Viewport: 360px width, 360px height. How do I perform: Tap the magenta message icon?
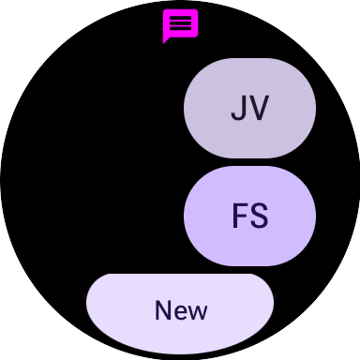pyautogui.click(x=180, y=24)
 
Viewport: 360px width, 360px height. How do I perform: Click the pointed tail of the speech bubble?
pyautogui.click(x=166, y=40)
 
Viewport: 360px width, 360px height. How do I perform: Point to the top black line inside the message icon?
pyautogui.click(x=181, y=18)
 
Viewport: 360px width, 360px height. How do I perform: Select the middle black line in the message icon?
pyautogui.click(x=181, y=23)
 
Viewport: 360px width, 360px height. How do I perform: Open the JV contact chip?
pyautogui.click(x=249, y=108)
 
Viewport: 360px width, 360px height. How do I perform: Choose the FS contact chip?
pyautogui.click(x=249, y=216)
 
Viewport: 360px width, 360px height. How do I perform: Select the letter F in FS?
pyautogui.click(x=239, y=217)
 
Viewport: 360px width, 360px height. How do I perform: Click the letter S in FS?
pyautogui.click(x=259, y=217)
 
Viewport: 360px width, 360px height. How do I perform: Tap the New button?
pyautogui.click(x=180, y=310)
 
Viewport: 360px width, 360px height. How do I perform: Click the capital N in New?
pyautogui.click(x=164, y=310)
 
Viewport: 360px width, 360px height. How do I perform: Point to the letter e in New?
pyautogui.click(x=181, y=312)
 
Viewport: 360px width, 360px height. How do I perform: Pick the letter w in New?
pyautogui.click(x=198, y=312)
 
